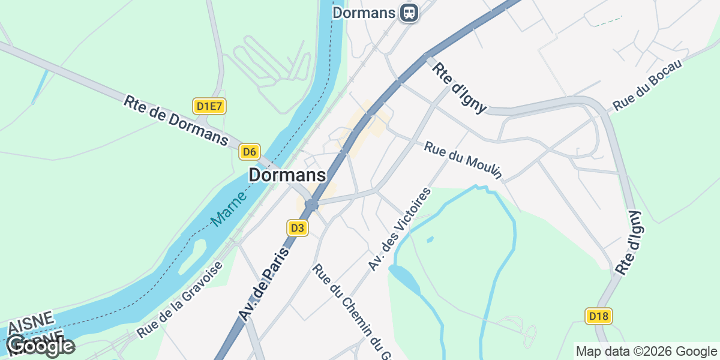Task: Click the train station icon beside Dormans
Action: tap(410, 12)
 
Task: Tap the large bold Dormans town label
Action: tap(287, 175)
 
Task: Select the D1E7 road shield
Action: tap(209, 107)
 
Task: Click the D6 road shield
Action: tap(250, 152)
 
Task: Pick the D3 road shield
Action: tap(298, 228)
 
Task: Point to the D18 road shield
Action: tap(599, 316)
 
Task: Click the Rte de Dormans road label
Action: tap(176, 121)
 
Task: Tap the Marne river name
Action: tap(229, 209)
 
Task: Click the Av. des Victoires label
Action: tap(400, 229)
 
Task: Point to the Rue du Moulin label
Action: tap(463, 160)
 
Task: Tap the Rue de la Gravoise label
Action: tap(179, 299)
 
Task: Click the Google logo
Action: tap(41, 346)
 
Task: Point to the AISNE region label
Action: tap(31, 322)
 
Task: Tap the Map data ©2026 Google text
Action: tap(646, 351)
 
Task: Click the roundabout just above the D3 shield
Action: tap(311, 205)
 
